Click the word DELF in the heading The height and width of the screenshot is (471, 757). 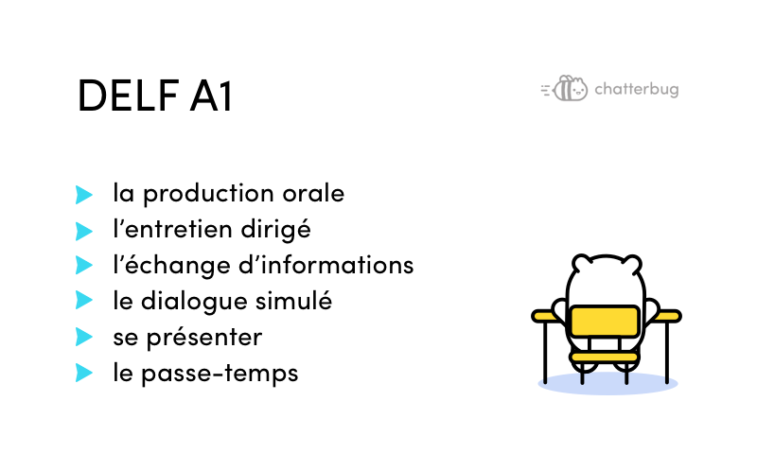click(128, 96)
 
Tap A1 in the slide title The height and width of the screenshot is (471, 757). click(211, 96)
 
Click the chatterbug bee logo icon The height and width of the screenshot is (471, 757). click(564, 88)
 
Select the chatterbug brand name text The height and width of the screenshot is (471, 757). click(637, 89)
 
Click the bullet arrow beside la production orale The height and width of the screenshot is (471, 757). click(84, 195)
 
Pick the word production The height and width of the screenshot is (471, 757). click(208, 194)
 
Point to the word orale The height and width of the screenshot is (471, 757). click(313, 193)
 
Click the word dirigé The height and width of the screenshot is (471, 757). click(275, 230)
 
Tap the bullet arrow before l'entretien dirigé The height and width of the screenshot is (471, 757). click(84, 231)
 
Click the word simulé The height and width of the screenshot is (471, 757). click(293, 300)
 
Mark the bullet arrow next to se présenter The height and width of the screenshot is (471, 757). click(84, 337)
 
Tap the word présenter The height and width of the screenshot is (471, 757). click(204, 338)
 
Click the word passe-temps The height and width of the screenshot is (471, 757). click(220, 374)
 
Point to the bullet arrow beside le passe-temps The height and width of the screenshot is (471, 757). click(84, 373)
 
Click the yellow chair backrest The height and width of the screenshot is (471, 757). click(605, 321)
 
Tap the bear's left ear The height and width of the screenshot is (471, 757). click(582, 264)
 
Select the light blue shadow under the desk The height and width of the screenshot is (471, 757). click(607, 384)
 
